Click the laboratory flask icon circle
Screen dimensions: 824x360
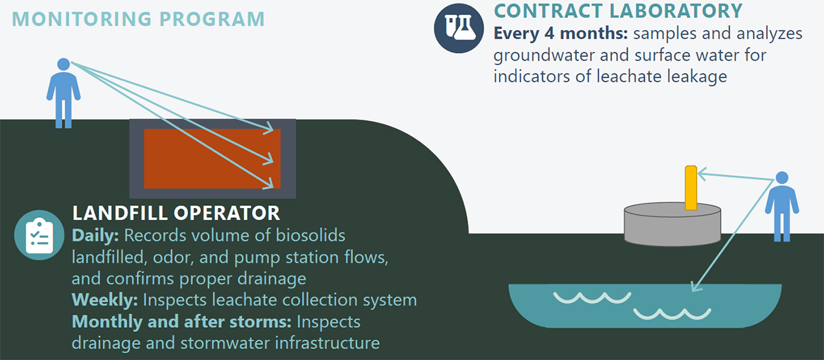(x=459, y=28)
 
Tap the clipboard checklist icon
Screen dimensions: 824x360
(x=39, y=235)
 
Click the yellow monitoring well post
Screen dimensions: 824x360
(x=691, y=188)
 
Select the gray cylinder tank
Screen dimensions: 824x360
(x=672, y=224)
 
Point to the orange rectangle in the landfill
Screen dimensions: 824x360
(x=212, y=159)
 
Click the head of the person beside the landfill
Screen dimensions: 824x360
(x=64, y=64)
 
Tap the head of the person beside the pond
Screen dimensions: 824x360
(x=782, y=178)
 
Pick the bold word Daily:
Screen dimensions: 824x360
(x=95, y=236)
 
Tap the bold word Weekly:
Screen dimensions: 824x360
(x=105, y=300)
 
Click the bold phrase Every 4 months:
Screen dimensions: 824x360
(x=560, y=34)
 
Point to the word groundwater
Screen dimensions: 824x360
(x=544, y=56)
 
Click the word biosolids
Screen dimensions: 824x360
(x=310, y=236)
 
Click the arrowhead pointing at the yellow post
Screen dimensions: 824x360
(x=701, y=174)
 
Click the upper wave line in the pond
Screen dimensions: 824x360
(x=592, y=297)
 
